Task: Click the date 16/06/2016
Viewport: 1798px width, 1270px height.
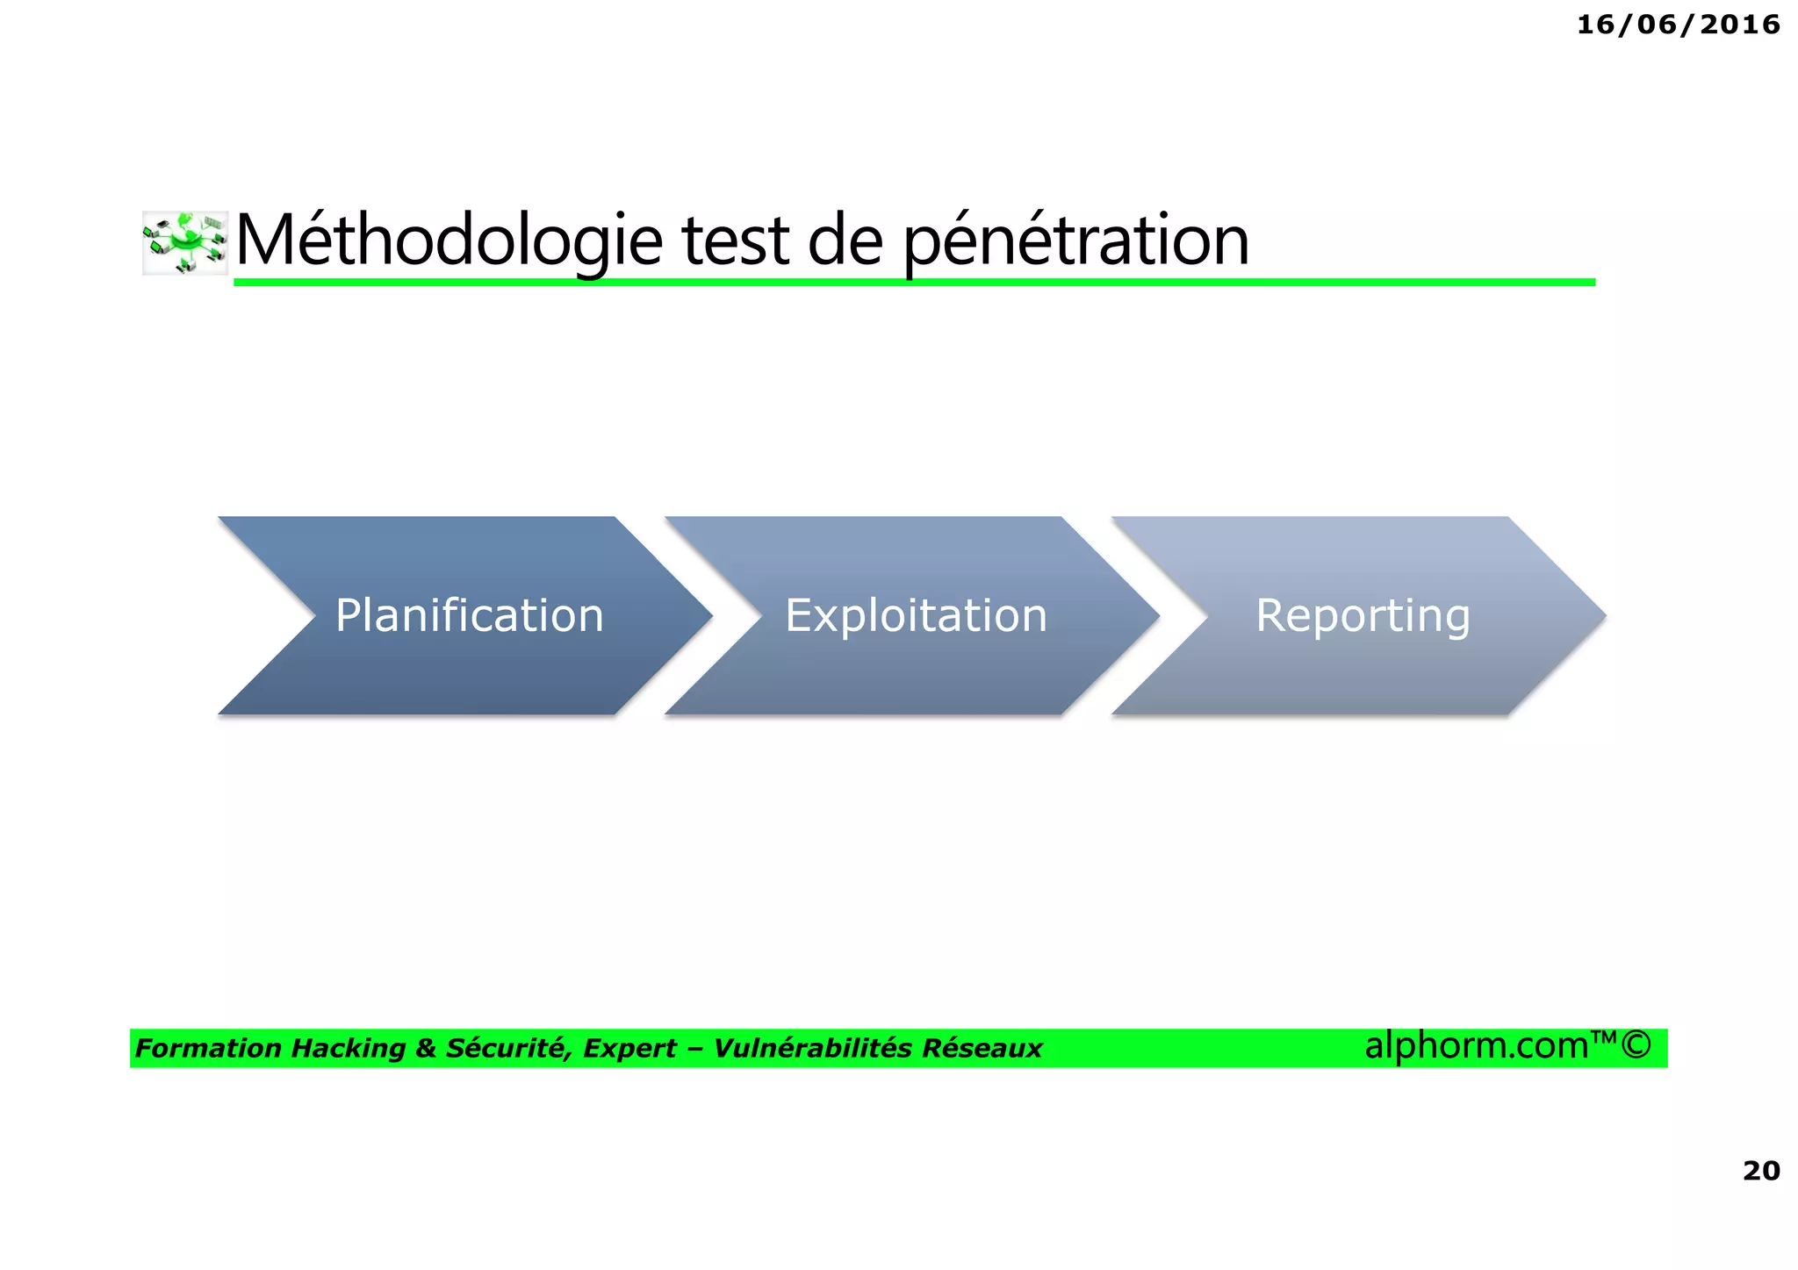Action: tap(1678, 25)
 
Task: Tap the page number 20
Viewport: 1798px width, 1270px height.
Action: tap(1761, 1170)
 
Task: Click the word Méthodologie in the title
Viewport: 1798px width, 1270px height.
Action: tap(449, 240)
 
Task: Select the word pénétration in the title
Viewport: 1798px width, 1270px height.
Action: tap(1076, 240)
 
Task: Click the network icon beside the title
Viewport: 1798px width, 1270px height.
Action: tap(185, 242)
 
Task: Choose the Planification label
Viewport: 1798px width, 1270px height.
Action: tap(470, 615)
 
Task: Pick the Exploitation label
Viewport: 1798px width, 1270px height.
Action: tap(916, 615)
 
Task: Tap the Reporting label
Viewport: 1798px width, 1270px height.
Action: tap(1363, 615)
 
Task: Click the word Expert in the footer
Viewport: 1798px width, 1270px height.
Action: tap(629, 1049)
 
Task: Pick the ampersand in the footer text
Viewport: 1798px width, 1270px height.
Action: tap(426, 1049)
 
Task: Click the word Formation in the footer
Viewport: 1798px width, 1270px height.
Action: tap(208, 1049)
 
